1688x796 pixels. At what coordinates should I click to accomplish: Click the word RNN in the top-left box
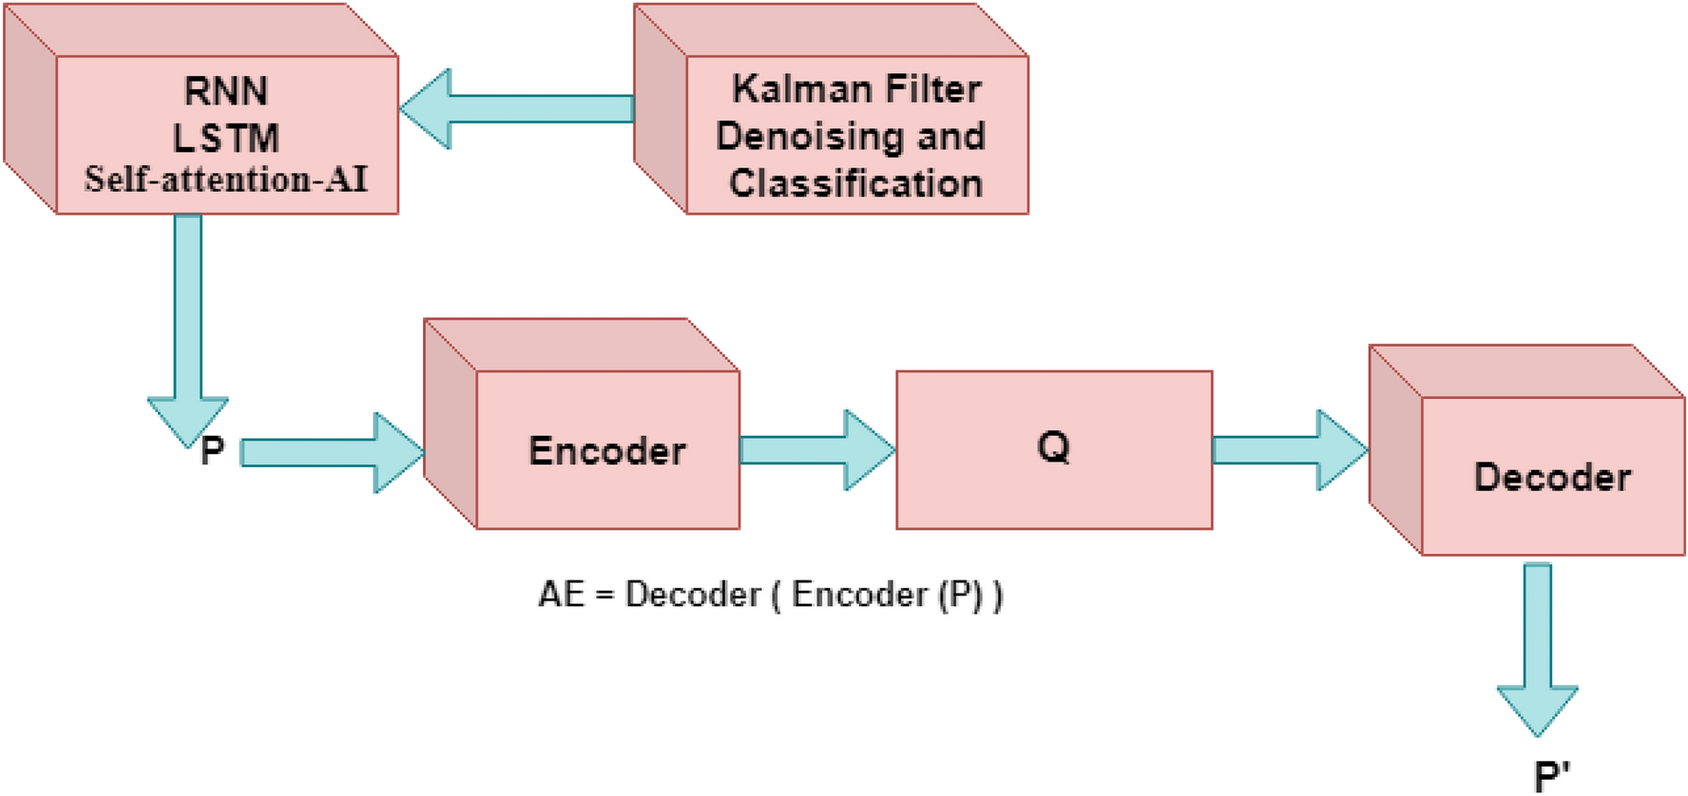coord(225,91)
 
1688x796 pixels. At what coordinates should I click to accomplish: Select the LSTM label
coord(225,139)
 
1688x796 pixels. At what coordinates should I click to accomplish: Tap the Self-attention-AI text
coord(225,180)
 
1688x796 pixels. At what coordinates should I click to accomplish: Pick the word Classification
coord(855,183)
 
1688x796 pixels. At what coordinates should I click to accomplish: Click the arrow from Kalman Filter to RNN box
coord(518,108)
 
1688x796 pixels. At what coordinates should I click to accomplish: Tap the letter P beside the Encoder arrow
coord(212,450)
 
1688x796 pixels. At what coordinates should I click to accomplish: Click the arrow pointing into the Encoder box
coord(333,452)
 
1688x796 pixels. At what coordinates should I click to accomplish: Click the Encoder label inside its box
coord(606,451)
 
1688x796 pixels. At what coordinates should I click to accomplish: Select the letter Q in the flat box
coord(1053,446)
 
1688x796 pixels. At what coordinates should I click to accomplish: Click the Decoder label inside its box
coord(1551,477)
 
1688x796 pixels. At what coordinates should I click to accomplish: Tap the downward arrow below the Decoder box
coord(1537,646)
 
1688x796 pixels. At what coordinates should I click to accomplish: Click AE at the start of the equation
coord(561,595)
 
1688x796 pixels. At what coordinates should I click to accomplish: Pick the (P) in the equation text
coord(960,595)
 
